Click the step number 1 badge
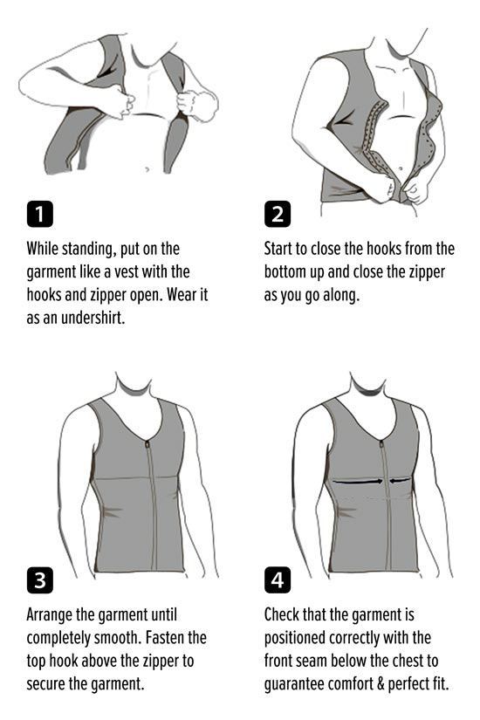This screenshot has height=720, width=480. [x=40, y=214]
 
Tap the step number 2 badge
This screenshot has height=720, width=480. [x=278, y=214]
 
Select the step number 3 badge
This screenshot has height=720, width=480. [x=40, y=580]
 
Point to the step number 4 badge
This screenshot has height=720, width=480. [x=278, y=580]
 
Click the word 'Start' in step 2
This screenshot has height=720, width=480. [x=278, y=249]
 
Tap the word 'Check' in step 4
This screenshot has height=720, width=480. [x=279, y=614]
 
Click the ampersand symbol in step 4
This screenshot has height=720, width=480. [x=381, y=683]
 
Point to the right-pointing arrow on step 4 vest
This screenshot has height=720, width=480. [x=357, y=482]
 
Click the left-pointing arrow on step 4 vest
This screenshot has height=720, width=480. [x=401, y=481]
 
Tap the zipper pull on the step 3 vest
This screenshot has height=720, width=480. [x=147, y=444]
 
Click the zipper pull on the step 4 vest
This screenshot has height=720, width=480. [x=381, y=444]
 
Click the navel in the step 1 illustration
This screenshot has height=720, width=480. [x=147, y=169]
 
